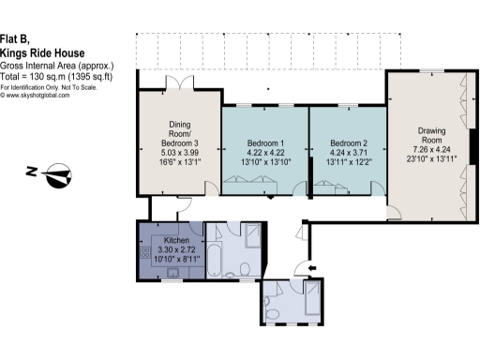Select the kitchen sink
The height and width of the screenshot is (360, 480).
click(x=172, y=275)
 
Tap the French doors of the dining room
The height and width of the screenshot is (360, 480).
click(x=177, y=84)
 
